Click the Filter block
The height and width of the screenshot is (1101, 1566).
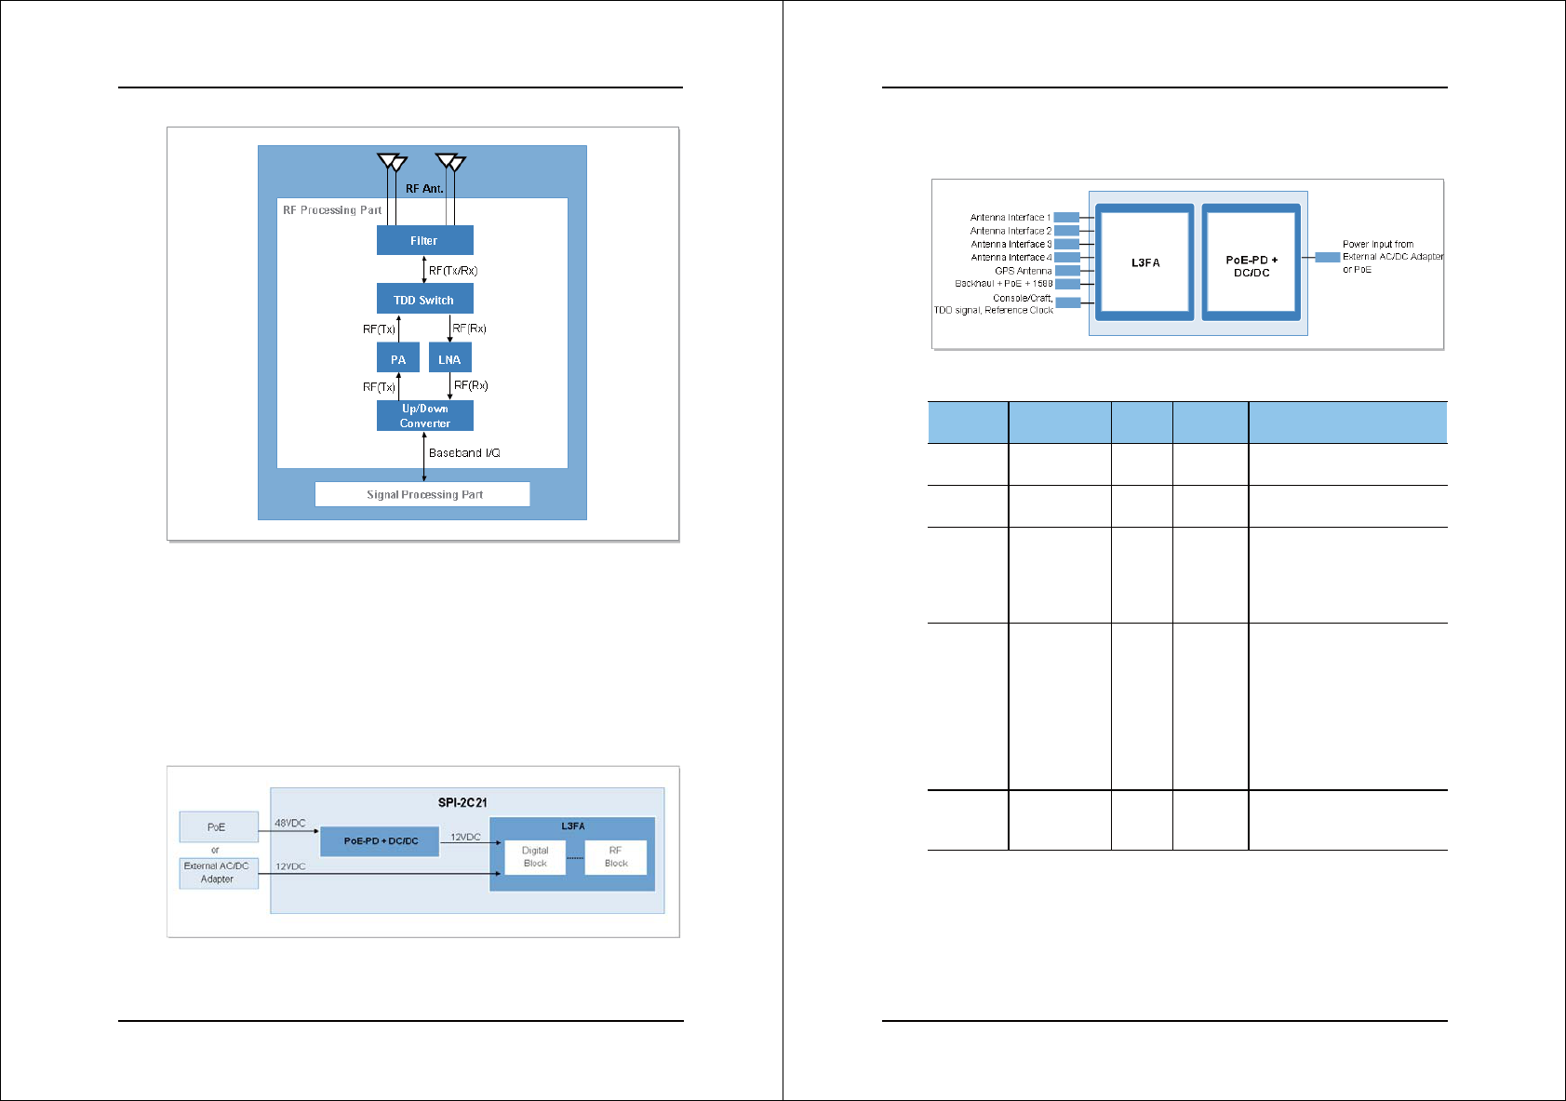coord(424,240)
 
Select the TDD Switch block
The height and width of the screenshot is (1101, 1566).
coord(424,300)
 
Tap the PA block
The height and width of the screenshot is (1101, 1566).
coord(398,359)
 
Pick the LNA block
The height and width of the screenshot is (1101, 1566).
coord(449,359)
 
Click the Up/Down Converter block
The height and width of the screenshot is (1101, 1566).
coord(424,416)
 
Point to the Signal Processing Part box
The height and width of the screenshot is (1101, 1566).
coord(423,494)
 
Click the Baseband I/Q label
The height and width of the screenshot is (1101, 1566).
coord(464,453)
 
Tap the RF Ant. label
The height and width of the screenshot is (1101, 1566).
coord(424,189)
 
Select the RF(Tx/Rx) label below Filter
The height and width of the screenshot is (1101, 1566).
coord(453,271)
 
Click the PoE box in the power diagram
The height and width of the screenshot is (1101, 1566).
coord(217,826)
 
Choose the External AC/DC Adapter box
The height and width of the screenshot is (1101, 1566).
coord(218,873)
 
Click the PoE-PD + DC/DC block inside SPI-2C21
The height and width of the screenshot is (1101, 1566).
coord(380,841)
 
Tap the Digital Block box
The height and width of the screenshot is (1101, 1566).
coord(535,857)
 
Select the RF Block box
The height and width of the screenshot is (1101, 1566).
coord(616,857)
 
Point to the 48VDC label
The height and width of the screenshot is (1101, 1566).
coord(290,824)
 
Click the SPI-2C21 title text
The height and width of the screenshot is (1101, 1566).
coord(462,802)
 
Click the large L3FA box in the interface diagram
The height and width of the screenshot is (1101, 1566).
coord(1145,262)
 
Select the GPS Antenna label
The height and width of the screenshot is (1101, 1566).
coord(1023,271)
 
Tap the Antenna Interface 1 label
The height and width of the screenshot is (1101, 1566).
coord(1010,218)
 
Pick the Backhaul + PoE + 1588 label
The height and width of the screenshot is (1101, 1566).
coord(1003,284)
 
